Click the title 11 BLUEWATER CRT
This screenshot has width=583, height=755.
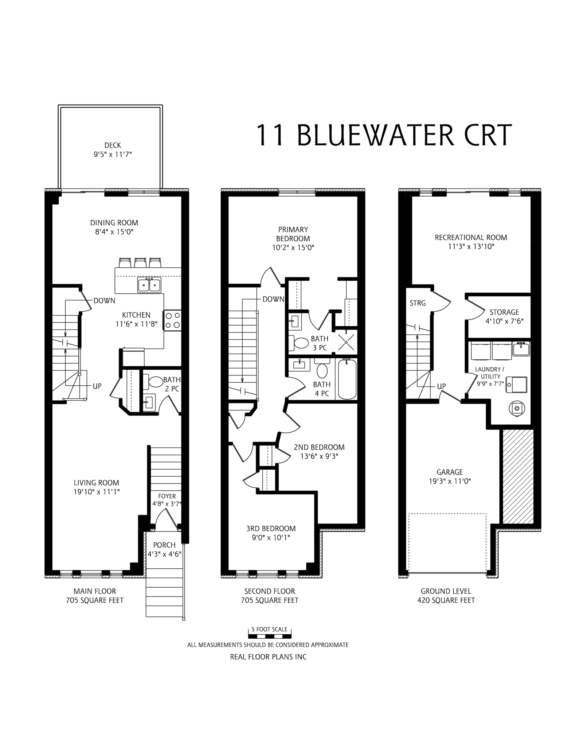point(384,135)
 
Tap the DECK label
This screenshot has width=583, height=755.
point(113,145)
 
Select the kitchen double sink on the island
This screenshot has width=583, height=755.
point(149,285)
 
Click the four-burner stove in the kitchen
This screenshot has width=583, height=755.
point(173,320)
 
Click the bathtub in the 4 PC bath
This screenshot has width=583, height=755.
point(347,379)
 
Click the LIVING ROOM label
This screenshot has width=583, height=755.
point(96,483)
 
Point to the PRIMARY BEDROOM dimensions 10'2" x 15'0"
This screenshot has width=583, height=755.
point(293,248)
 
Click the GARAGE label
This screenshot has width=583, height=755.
point(449,472)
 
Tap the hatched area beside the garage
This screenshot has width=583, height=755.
point(518,477)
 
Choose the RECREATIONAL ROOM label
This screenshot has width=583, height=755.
point(471,237)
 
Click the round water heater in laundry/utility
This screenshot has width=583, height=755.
point(516,408)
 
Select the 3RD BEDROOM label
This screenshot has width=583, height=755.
point(271,528)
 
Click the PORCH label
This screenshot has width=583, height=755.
point(164,545)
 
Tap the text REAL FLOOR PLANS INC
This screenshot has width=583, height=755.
point(268,657)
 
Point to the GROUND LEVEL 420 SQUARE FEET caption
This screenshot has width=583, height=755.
point(446,596)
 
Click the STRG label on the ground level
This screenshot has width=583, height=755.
point(418,303)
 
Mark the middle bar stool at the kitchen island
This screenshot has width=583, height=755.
point(140,262)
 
